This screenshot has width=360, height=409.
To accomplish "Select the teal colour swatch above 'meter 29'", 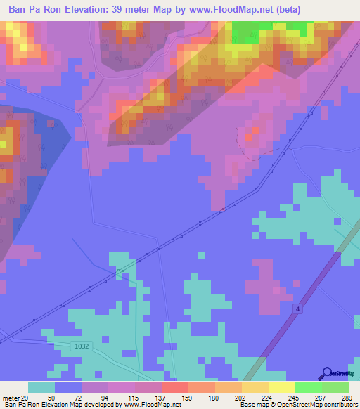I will tap(41, 387).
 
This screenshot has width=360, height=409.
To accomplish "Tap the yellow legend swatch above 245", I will tap(281, 387).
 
